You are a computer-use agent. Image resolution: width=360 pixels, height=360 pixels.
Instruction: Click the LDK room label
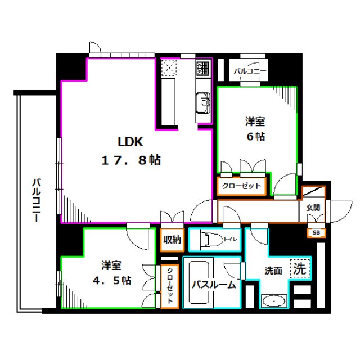click(130, 142)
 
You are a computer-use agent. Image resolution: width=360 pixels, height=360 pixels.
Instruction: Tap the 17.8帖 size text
click(131, 160)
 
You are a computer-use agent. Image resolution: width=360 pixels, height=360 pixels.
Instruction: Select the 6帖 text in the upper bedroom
click(256, 137)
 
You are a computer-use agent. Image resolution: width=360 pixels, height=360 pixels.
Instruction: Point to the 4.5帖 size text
click(112, 280)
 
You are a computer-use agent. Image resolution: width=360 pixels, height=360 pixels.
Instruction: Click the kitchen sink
click(203, 102)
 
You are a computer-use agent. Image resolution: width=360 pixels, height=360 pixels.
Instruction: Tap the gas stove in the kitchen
click(203, 68)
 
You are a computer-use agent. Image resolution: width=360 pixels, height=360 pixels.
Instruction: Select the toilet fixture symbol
click(211, 240)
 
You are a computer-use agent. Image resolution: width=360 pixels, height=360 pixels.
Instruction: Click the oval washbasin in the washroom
click(274, 301)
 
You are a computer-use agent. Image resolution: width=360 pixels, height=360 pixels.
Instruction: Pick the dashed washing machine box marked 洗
click(300, 269)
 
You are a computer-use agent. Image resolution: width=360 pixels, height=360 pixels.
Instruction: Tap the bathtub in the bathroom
click(199, 282)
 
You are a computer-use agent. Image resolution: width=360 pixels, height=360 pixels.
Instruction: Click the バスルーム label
click(214, 285)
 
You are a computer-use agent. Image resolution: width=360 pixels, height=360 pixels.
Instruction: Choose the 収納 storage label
click(172, 240)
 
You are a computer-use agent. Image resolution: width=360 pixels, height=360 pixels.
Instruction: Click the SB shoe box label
click(316, 232)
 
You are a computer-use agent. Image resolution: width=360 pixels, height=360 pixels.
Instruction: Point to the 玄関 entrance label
click(313, 208)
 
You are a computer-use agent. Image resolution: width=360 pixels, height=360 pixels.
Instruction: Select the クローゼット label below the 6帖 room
click(241, 186)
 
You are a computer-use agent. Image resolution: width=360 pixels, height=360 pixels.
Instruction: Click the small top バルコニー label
click(250, 71)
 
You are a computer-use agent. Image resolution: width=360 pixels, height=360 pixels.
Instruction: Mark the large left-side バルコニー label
click(37, 200)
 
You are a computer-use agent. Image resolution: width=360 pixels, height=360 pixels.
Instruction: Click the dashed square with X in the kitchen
click(169, 67)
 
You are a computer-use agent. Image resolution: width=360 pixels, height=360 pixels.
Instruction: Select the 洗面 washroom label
click(273, 271)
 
